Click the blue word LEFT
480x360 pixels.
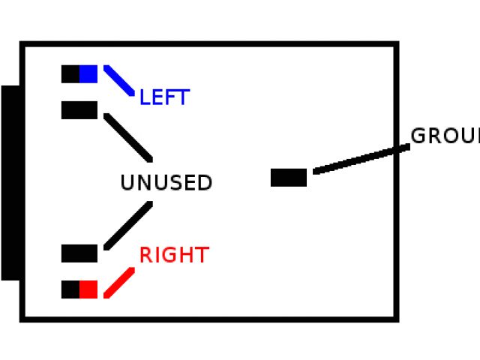pyautogui.click(x=164, y=97)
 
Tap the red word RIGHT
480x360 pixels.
pyautogui.click(x=173, y=256)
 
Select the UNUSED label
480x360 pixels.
pyautogui.click(x=166, y=183)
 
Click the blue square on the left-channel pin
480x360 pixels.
pyautogui.click(x=88, y=74)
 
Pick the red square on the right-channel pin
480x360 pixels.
pyautogui.click(x=88, y=289)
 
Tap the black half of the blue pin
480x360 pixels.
pyautogui.click(x=70, y=74)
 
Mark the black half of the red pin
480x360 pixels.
pyautogui.click(x=70, y=289)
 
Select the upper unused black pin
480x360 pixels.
pyautogui.click(x=79, y=110)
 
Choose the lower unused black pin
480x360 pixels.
pyautogui.click(x=79, y=253)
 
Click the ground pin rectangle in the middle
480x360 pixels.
pyautogui.click(x=289, y=178)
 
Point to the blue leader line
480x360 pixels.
pyautogui.click(x=119, y=81)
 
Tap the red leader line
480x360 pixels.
pyautogui.click(x=119, y=283)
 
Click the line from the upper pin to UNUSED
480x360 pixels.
pyautogui.click(x=128, y=137)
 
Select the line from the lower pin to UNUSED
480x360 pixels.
pyautogui.click(x=128, y=225)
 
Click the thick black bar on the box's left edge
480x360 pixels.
pyautogui.click(x=10, y=183)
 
